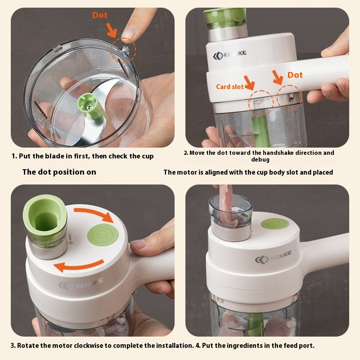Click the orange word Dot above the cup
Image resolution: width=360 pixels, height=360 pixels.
pos(100,15)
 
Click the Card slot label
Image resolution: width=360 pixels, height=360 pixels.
pos(229,87)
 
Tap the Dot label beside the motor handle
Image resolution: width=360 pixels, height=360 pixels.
pos(295,75)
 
